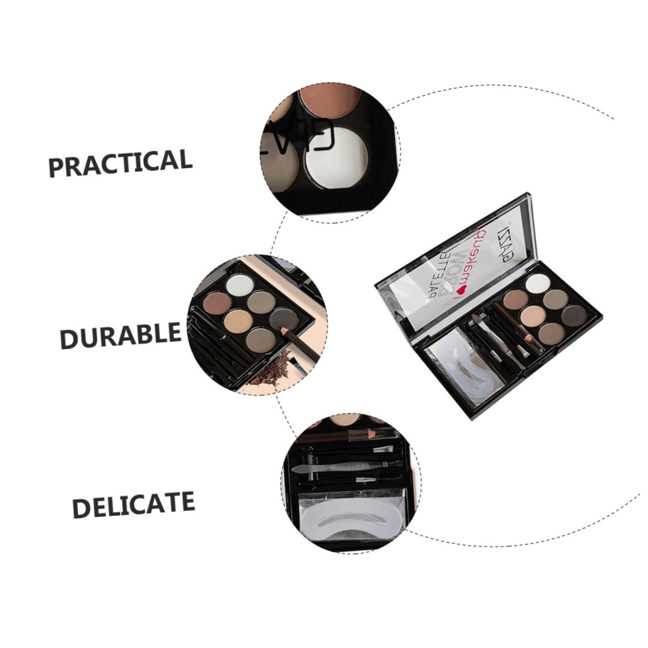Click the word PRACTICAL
[121, 162]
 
